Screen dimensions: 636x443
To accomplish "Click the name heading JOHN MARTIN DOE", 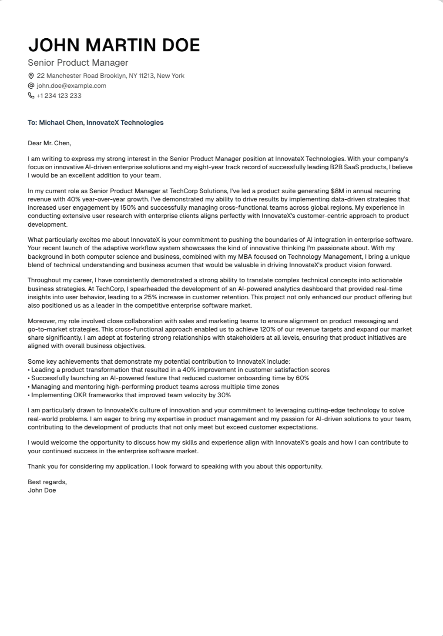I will [114, 45].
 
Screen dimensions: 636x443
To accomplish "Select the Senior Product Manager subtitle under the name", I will [78, 63].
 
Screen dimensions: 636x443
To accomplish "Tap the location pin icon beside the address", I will [31, 76].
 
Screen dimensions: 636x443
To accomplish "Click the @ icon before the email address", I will [31, 86].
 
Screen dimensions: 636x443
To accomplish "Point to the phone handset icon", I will [31, 96].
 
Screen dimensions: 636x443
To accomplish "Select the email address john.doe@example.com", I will [71, 86].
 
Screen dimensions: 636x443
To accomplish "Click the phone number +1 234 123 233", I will [59, 96].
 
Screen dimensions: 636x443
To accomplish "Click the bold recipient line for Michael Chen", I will [95, 123].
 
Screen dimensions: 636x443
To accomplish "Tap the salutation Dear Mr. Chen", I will [49, 143].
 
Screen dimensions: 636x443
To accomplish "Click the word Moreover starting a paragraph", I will [42, 321].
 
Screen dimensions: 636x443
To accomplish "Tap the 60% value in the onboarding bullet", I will [302, 378].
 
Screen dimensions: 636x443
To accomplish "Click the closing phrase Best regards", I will [47, 482].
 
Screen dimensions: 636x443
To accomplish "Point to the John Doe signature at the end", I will [42, 490].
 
